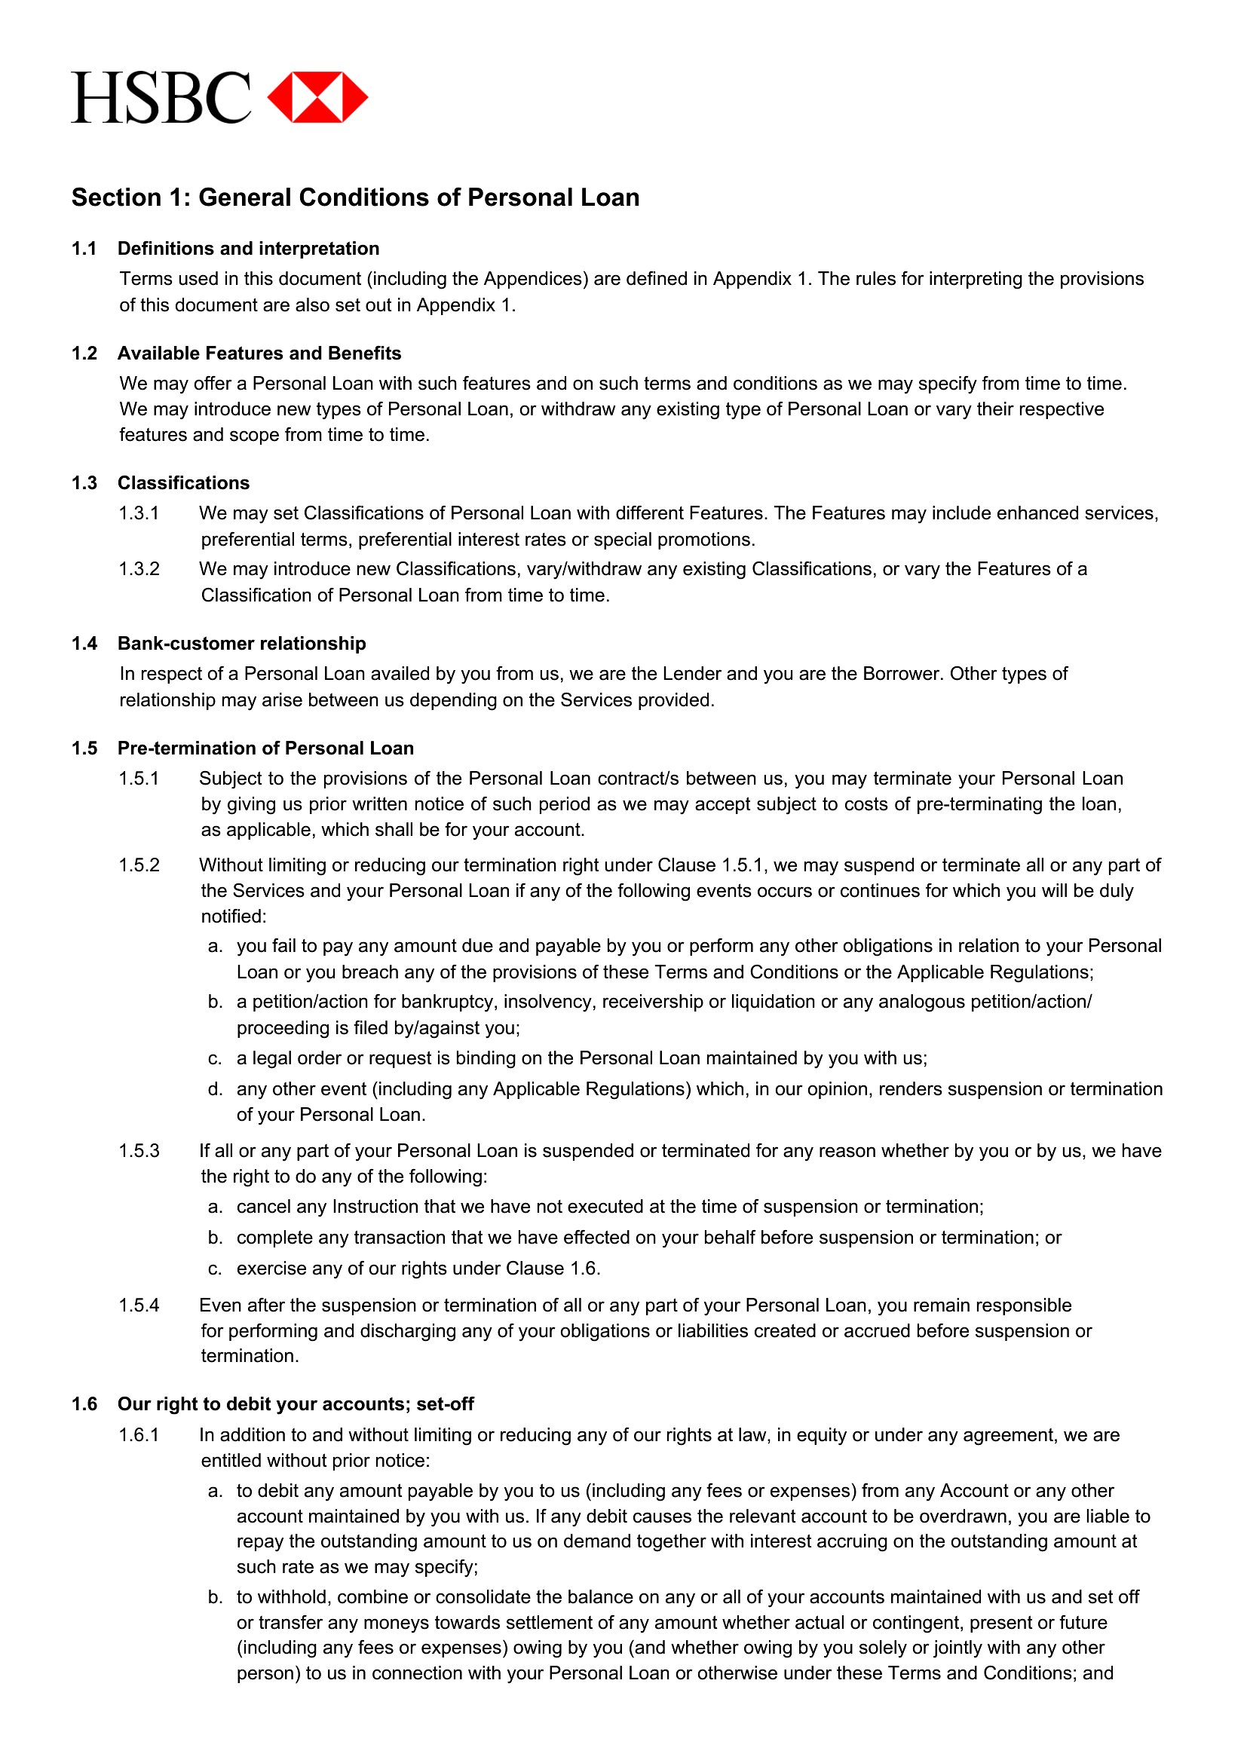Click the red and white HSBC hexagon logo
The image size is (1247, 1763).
pyautogui.click(x=317, y=97)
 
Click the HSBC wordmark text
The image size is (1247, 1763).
pyautogui.click(x=161, y=97)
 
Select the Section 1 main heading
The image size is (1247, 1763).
pyautogui.click(x=355, y=197)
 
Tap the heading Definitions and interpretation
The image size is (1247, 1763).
pyautogui.click(x=248, y=249)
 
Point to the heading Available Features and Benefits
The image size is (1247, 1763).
pyautogui.click(x=259, y=354)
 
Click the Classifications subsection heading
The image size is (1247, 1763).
pyautogui.click(x=183, y=483)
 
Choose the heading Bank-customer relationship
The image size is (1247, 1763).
pyautogui.click(x=241, y=644)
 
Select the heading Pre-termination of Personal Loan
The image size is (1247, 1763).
pyautogui.click(x=265, y=748)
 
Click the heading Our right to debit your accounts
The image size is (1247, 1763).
pyautogui.click(x=295, y=1403)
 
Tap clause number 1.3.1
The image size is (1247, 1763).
pyautogui.click(x=139, y=513)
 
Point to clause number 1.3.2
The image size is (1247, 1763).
pyautogui.click(x=139, y=569)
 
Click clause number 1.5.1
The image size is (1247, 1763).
pyautogui.click(x=139, y=779)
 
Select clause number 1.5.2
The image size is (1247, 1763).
pyautogui.click(x=139, y=865)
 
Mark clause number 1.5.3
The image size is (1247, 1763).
pyautogui.click(x=139, y=1151)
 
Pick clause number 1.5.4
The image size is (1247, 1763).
pyautogui.click(x=139, y=1305)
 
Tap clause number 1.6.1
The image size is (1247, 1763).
pyautogui.click(x=139, y=1435)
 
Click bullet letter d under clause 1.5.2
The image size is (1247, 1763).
pyautogui.click(x=215, y=1090)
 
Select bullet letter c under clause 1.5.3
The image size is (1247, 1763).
pyautogui.click(x=215, y=1269)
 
